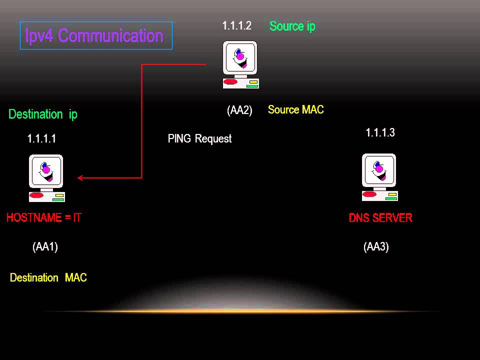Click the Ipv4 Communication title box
96,35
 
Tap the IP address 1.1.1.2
236,26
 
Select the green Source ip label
292,26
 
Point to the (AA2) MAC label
239,110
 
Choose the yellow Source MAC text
295,109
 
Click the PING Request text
199,138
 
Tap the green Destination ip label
43,114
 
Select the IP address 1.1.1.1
41,139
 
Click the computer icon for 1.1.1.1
46,178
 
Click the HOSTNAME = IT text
43,218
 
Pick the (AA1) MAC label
45,246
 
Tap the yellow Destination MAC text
48,278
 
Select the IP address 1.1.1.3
380,132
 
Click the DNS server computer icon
379,177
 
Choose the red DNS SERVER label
380,218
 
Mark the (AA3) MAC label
376,246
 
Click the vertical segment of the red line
142,120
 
